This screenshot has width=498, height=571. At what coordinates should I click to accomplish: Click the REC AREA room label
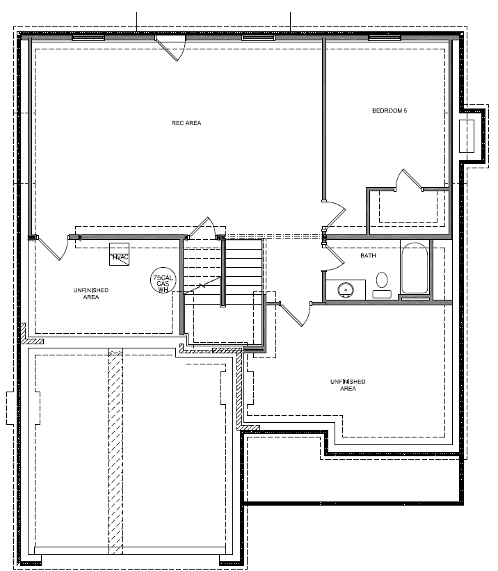click(186, 124)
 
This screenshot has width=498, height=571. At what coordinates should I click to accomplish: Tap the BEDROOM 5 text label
click(389, 111)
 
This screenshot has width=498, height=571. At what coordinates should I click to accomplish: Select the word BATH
click(368, 256)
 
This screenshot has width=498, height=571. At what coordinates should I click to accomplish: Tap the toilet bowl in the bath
click(382, 281)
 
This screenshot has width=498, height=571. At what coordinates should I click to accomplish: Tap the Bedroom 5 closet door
click(408, 179)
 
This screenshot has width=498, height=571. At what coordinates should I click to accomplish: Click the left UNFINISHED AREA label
click(90, 293)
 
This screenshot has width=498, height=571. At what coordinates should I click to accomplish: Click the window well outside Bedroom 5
click(466, 136)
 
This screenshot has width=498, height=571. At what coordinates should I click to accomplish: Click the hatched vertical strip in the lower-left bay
click(115, 452)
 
